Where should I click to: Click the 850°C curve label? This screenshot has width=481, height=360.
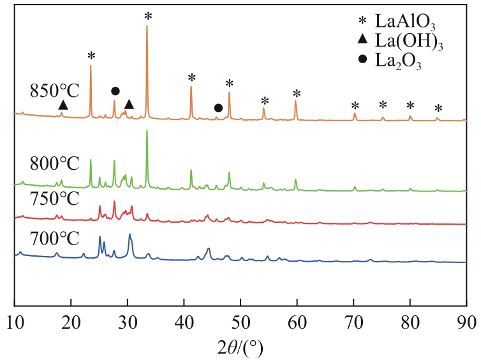click(54, 91)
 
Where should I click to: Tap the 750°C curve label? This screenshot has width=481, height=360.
click(54, 199)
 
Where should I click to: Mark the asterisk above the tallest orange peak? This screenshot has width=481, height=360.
click(148, 16)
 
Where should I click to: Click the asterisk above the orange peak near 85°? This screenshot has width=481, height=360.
click(438, 108)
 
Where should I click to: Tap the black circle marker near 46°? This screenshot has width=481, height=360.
click(218, 108)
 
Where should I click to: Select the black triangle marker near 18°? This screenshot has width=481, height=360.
click(63, 105)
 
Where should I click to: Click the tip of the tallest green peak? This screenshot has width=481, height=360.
click(147, 131)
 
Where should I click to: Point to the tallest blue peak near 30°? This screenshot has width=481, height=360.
click(129, 234)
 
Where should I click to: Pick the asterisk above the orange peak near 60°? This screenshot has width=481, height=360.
click(296, 94)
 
